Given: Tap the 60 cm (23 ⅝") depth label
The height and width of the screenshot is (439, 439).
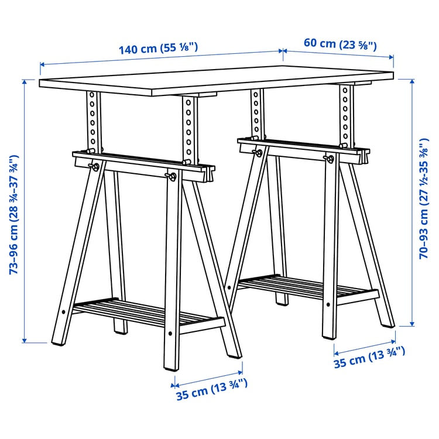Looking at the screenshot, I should (x=339, y=43).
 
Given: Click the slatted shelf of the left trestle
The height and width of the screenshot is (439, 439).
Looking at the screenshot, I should (x=146, y=313).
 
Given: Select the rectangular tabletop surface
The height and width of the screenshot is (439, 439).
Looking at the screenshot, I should (x=217, y=84).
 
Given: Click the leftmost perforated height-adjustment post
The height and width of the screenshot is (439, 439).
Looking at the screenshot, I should (x=92, y=120).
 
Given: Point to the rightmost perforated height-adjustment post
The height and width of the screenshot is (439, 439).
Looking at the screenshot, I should (x=347, y=114).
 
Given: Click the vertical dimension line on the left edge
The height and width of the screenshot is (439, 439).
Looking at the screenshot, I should (x=25, y=211).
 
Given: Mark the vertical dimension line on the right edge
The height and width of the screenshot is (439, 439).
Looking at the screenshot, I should (x=414, y=202).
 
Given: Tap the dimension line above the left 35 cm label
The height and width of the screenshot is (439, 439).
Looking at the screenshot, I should (x=207, y=378).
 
